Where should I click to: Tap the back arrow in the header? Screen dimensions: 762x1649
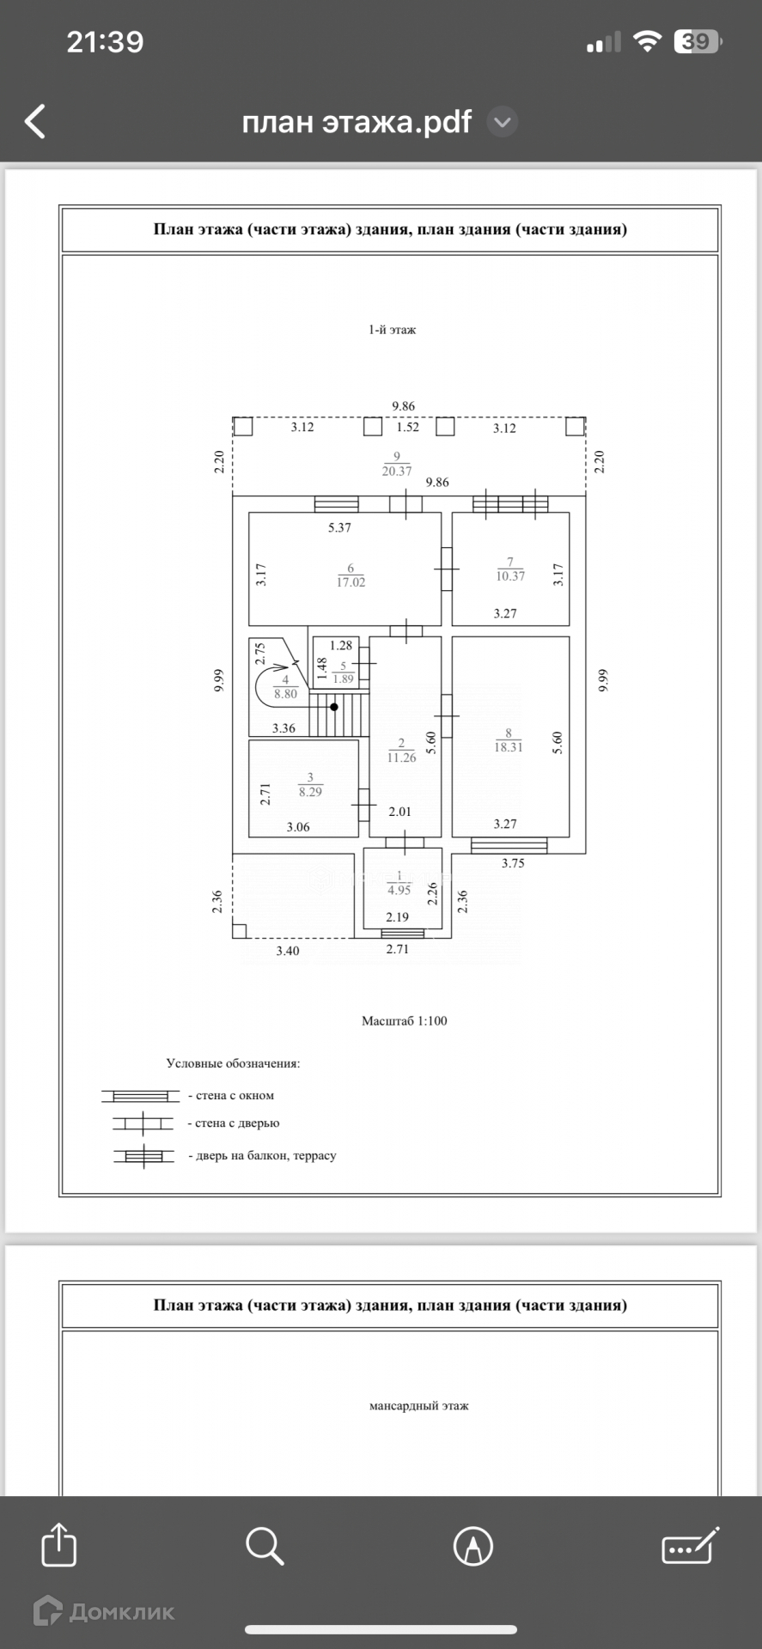35,122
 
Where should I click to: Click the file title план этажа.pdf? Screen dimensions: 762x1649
357,122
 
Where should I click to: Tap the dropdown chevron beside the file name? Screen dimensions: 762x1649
503,123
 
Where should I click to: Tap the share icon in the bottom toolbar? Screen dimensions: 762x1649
58,1545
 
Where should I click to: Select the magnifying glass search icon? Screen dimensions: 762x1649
265,1545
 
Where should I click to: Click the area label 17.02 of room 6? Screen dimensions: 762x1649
351,582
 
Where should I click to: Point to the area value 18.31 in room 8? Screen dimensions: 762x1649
508,747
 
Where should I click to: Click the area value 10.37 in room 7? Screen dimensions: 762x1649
509,576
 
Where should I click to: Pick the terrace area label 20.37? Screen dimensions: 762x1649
397,471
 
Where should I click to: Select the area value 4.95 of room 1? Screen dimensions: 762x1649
399,890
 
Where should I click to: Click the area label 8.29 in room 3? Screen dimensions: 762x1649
310,792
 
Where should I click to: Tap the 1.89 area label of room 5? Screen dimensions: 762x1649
343,678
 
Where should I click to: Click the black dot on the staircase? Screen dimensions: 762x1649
334,707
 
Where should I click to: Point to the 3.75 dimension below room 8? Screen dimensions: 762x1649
513,863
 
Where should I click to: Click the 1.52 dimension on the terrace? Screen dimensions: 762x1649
408,427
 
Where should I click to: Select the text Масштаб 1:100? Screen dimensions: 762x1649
404,1021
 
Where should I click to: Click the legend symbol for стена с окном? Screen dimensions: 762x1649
140,1096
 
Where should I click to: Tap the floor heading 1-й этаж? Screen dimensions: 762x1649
392,330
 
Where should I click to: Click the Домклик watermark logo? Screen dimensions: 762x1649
104,1612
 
